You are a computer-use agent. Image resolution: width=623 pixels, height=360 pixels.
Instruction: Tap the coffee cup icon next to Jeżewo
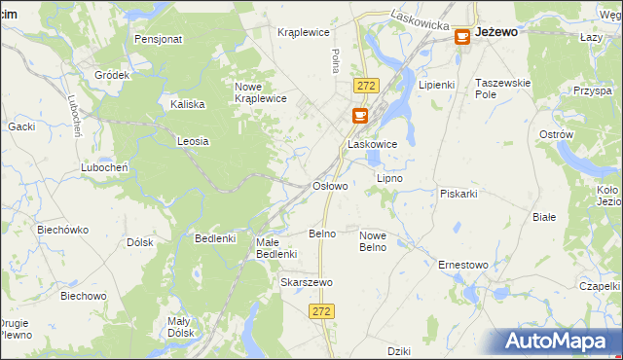tap(462, 36)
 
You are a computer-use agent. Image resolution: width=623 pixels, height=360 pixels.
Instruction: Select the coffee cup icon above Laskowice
tap(360, 116)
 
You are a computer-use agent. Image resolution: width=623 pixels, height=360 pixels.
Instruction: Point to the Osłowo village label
tap(329, 185)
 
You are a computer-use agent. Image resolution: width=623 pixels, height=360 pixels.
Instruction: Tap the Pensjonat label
tap(160, 40)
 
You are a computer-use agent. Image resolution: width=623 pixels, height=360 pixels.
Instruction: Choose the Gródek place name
tap(112, 75)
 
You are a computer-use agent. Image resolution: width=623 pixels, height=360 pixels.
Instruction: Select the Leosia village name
tap(193, 141)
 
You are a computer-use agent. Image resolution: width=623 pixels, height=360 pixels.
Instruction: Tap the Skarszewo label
tap(307, 282)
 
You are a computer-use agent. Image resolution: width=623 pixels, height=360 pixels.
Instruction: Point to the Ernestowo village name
tap(462, 265)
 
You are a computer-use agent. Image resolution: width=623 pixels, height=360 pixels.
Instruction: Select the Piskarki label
tap(458, 193)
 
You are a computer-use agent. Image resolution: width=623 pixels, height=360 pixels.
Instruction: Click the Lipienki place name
tap(437, 85)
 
